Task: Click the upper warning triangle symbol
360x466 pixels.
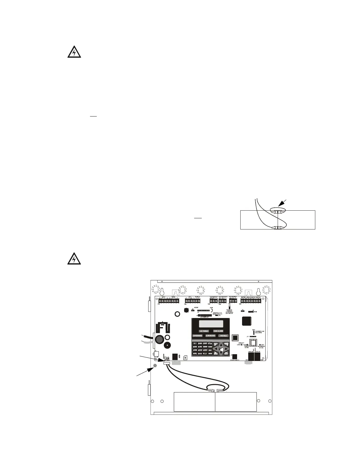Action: pos(74,53)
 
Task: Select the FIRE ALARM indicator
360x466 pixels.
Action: pos(218,331)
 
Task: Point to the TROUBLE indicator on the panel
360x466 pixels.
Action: pos(223,336)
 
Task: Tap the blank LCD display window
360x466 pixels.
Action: pos(210,324)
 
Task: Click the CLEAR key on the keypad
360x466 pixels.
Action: pos(210,347)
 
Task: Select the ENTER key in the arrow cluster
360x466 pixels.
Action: pos(221,349)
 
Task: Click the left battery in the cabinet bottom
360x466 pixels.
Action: pos(194,402)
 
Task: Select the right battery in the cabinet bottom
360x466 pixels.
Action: pos(236,402)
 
